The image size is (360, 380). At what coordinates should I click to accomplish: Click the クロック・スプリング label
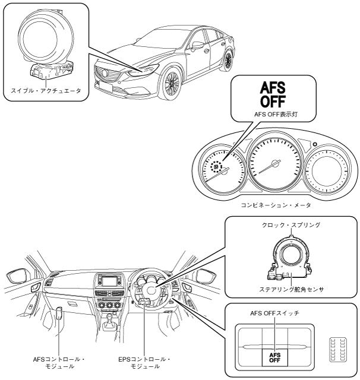(x=290, y=226)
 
